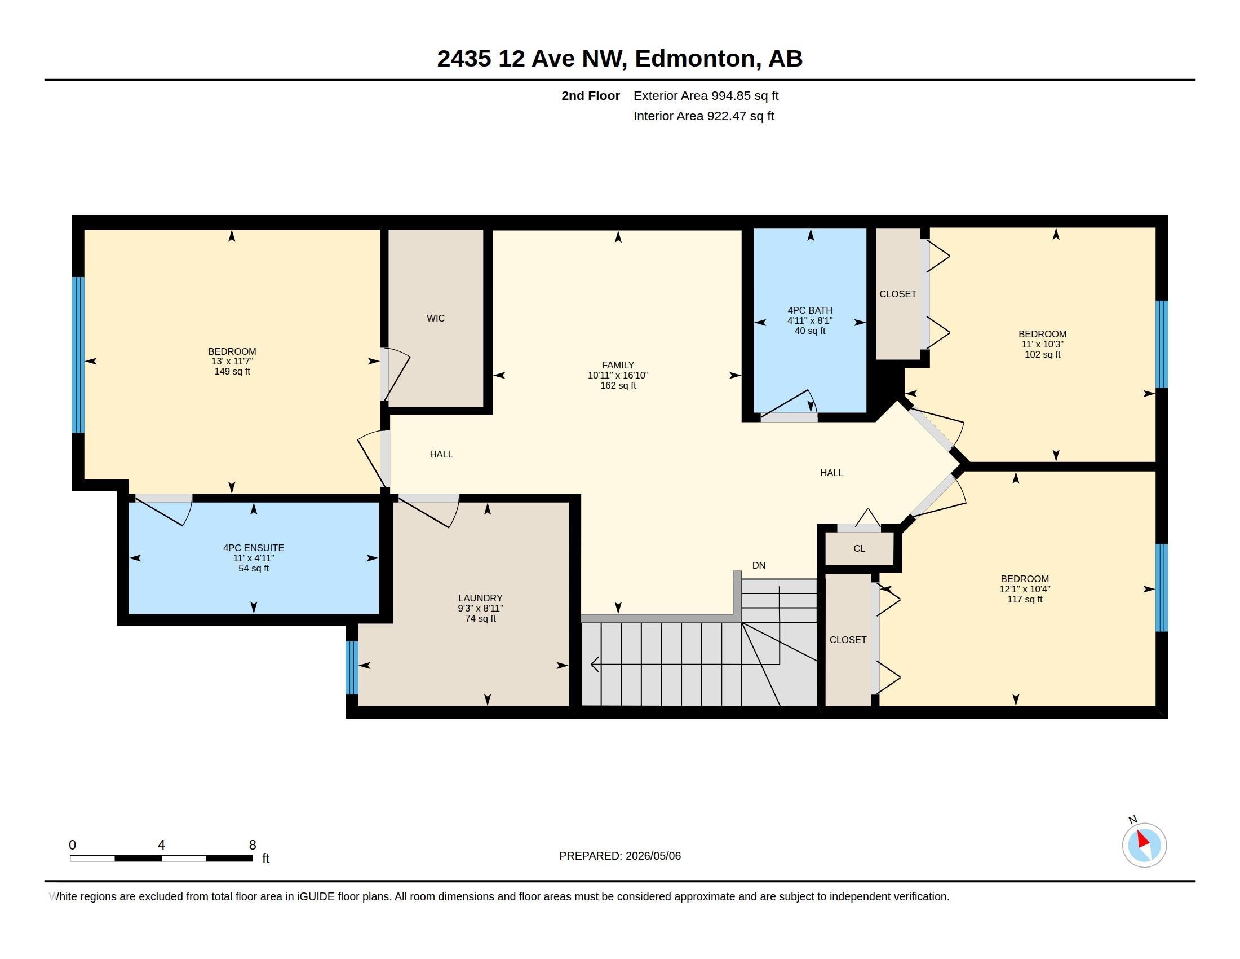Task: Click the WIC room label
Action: (x=436, y=318)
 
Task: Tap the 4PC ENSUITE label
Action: (x=253, y=548)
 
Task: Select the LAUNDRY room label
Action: (x=480, y=597)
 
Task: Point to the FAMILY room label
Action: (x=618, y=365)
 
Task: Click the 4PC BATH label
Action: (x=809, y=310)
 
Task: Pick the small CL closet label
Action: (x=859, y=548)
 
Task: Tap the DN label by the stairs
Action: (x=759, y=565)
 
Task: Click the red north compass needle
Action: (x=1143, y=839)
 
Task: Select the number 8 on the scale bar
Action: (x=253, y=845)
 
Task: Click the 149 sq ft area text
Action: (x=232, y=372)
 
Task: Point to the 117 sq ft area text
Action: (x=1025, y=599)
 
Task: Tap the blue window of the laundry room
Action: (x=352, y=667)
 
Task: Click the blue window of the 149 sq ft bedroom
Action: (x=78, y=355)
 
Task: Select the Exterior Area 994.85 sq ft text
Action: (x=706, y=95)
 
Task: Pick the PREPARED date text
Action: (x=619, y=856)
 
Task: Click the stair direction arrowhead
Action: (x=595, y=663)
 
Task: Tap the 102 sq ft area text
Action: (x=1042, y=354)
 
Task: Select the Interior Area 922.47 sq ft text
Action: (x=703, y=116)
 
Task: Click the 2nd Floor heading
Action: (x=591, y=95)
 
